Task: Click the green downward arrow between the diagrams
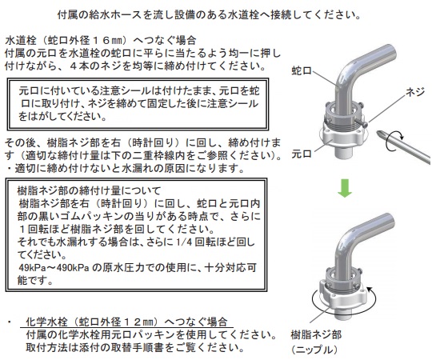(x=345, y=188)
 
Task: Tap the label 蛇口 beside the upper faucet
(x=302, y=71)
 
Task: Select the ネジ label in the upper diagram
(x=415, y=92)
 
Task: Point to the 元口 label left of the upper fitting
(x=302, y=154)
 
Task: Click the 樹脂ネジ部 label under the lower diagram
(x=316, y=334)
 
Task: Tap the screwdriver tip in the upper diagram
(x=378, y=133)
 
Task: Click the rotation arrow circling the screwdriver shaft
(x=394, y=140)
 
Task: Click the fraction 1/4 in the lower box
(x=183, y=242)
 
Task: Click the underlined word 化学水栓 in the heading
(x=46, y=322)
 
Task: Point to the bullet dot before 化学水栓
(x=10, y=322)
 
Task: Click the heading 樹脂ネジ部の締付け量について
(x=89, y=190)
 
